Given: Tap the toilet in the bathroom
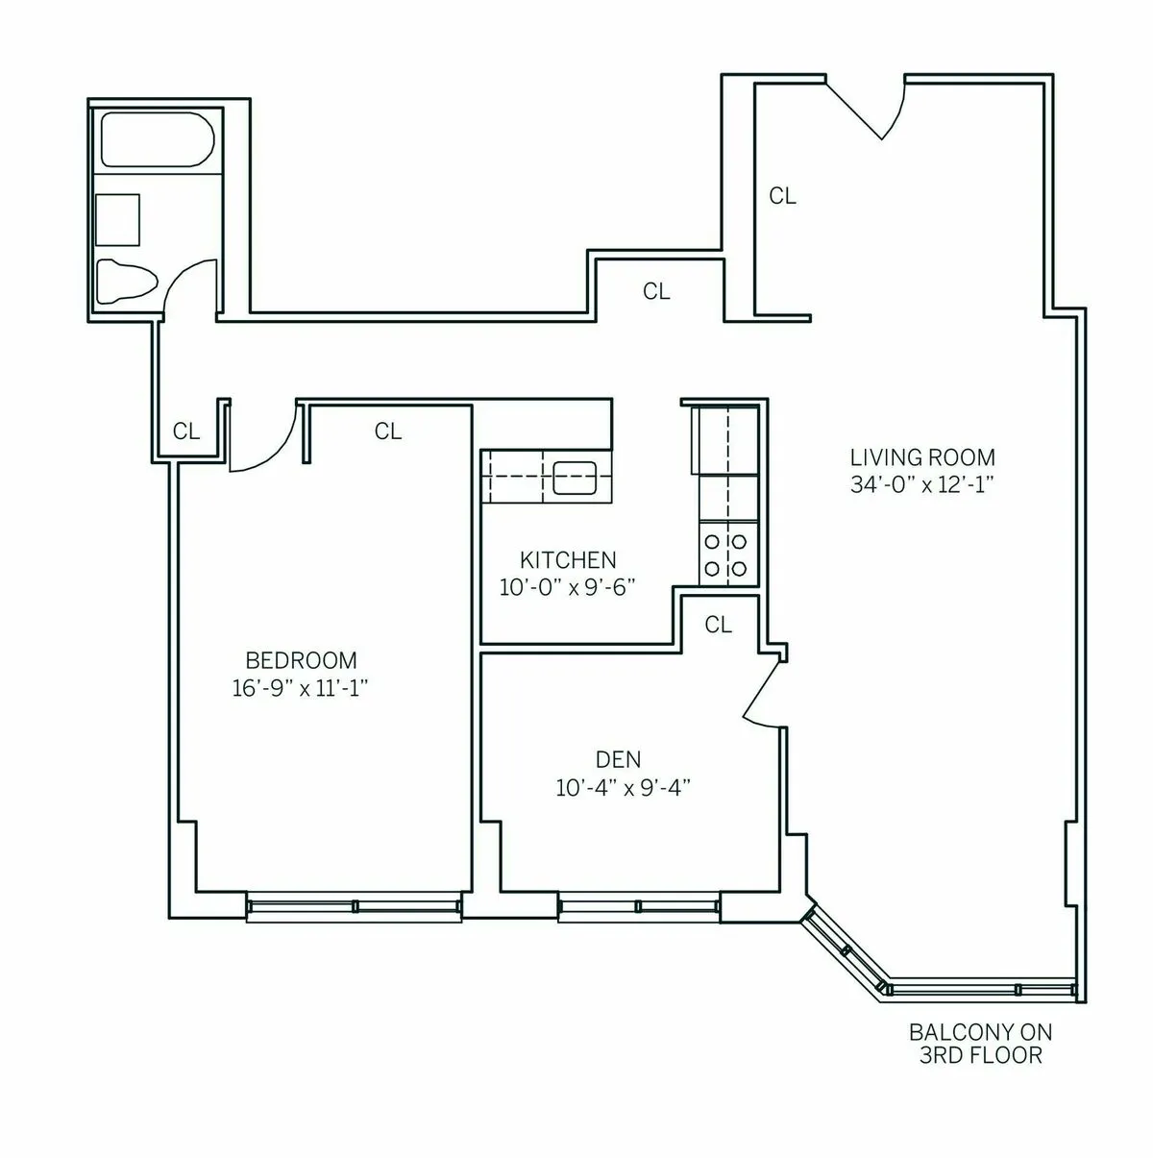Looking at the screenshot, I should pyautogui.click(x=126, y=282).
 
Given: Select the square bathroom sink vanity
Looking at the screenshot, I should pyautogui.click(x=117, y=220).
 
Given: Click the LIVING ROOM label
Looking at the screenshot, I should pyautogui.click(x=922, y=457).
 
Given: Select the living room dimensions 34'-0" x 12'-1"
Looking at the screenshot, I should pyautogui.click(x=920, y=485).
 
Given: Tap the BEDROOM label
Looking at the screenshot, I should pyautogui.click(x=301, y=660).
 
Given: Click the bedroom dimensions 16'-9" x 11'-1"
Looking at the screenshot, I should pyautogui.click(x=301, y=688).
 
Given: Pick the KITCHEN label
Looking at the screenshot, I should pyautogui.click(x=568, y=559).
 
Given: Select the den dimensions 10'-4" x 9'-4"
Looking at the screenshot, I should pyautogui.click(x=624, y=788).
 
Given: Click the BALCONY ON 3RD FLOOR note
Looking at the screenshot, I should pyautogui.click(x=980, y=1044).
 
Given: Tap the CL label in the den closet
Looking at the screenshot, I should pyautogui.click(x=718, y=625).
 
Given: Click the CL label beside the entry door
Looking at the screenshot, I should pyautogui.click(x=782, y=196).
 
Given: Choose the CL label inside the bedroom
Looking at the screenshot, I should pyautogui.click(x=387, y=431).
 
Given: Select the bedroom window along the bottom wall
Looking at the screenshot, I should pyautogui.click(x=353, y=905).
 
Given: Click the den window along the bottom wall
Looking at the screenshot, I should pyautogui.click(x=638, y=905).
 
